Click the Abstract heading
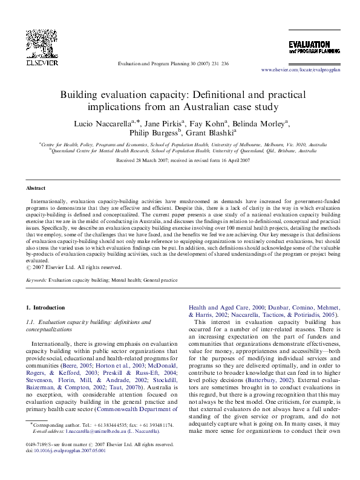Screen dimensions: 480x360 36,188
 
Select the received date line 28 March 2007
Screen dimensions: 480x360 182,160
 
